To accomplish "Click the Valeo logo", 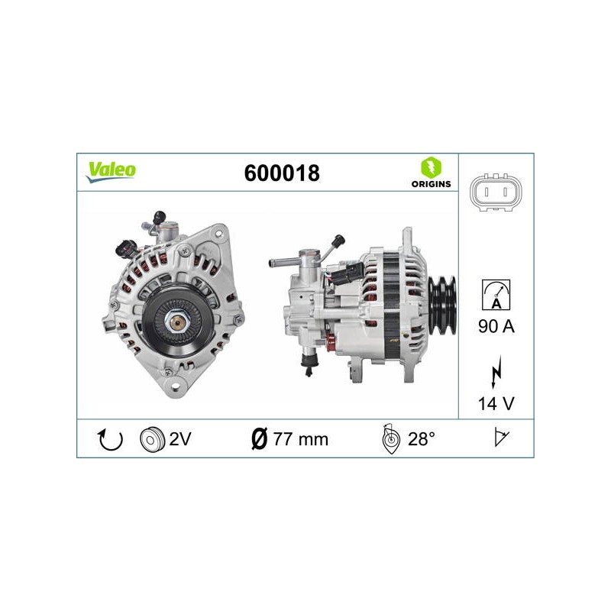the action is (x=111, y=172).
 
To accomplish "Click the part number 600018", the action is (x=282, y=173).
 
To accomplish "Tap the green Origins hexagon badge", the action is (x=431, y=167).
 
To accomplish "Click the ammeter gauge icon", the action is (x=496, y=295).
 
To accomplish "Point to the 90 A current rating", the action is (x=496, y=326).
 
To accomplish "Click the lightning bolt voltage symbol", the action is (x=496, y=371).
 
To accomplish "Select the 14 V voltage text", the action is (x=496, y=404).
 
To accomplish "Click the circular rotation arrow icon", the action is (x=110, y=439).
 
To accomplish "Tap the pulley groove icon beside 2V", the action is (x=152, y=440).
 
